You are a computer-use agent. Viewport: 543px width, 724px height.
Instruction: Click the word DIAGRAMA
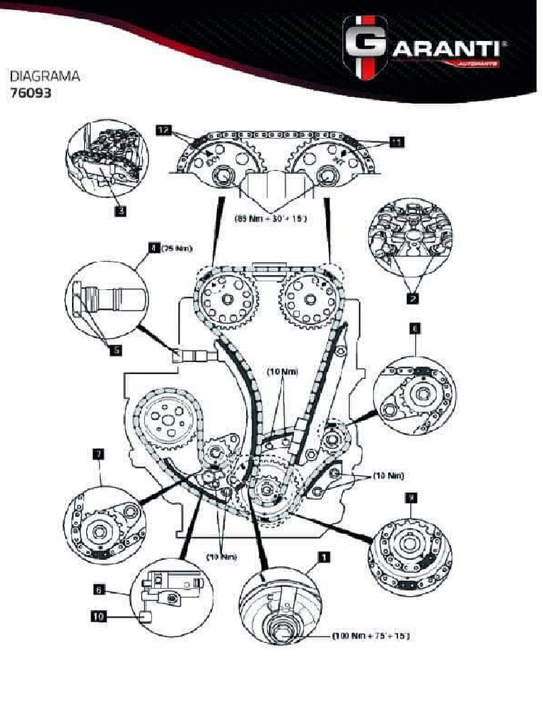[x=44, y=75]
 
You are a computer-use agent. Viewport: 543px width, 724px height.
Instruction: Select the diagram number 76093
[x=30, y=92]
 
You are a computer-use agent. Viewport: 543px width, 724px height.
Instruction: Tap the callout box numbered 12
[x=163, y=131]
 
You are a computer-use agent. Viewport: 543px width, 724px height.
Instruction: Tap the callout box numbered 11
[x=396, y=143]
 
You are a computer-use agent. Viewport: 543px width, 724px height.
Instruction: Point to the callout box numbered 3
[x=121, y=209]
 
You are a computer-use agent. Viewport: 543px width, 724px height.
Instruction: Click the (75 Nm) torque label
[x=176, y=248]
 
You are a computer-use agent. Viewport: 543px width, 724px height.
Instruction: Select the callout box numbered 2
[x=411, y=298]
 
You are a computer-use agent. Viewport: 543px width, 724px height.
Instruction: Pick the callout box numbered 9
[x=411, y=498]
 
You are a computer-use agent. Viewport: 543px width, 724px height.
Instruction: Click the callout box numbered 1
[x=324, y=557]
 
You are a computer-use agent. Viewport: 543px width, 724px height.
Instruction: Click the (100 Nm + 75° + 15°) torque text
[x=370, y=636]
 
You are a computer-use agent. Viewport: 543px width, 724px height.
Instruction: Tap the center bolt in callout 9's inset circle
[x=407, y=545]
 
